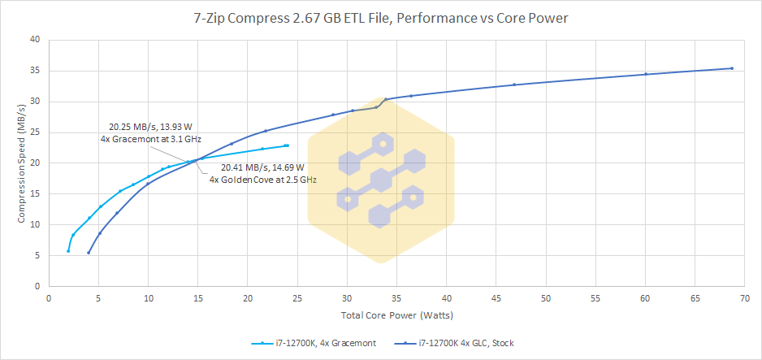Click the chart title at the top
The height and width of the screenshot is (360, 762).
381,15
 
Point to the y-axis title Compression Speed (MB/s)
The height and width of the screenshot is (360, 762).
22,163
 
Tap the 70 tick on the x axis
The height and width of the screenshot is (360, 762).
744,297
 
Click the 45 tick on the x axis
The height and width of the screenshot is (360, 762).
496,297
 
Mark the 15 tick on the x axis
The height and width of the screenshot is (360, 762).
198,297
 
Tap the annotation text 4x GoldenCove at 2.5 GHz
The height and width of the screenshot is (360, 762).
262,179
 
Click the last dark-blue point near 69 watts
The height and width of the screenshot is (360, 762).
732,68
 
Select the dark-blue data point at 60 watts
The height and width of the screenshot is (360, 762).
646,74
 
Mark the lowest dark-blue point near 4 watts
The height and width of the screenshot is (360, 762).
89,253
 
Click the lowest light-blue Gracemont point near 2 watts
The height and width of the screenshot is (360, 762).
68,251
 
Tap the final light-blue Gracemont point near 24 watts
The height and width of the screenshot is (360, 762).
288,145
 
